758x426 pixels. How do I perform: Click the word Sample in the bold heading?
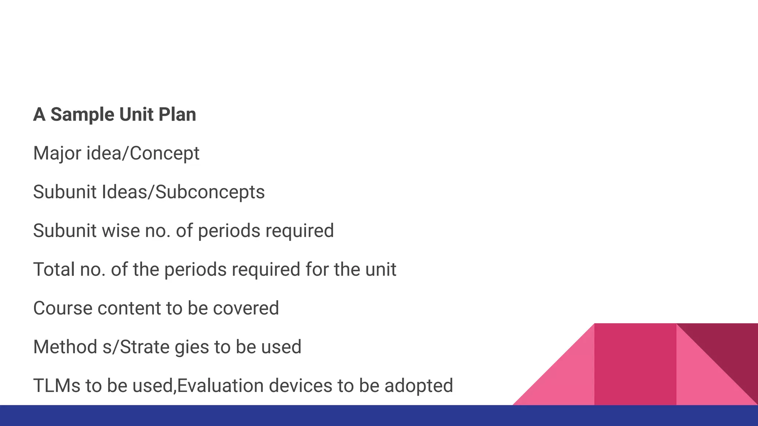click(x=82, y=115)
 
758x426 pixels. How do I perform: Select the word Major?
click(x=57, y=153)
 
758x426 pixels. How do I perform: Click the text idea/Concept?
click(x=143, y=153)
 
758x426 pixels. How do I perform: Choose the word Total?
click(x=54, y=270)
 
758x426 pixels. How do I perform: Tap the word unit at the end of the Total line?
click(x=381, y=270)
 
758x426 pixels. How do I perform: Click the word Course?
click(x=63, y=308)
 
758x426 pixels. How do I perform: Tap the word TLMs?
click(x=57, y=386)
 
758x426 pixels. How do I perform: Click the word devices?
click(x=300, y=386)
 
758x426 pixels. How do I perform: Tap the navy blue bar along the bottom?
click(x=379, y=416)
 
